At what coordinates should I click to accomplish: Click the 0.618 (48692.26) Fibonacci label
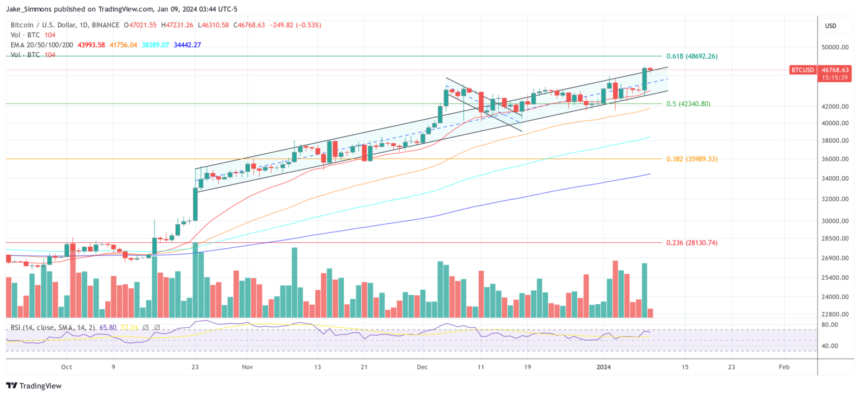[691, 56]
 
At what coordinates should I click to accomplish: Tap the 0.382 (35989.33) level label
[691, 159]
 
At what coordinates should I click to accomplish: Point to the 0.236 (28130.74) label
[691, 243]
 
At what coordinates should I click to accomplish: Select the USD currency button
[831, 26]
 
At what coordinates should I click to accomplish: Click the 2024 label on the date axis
[603, 367]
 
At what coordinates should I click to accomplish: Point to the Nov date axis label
[247, 367]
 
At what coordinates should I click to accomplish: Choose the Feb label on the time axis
[784, 367]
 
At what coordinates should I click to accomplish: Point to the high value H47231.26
[177, 25]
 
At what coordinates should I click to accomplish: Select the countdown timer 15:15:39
[835, 78]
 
